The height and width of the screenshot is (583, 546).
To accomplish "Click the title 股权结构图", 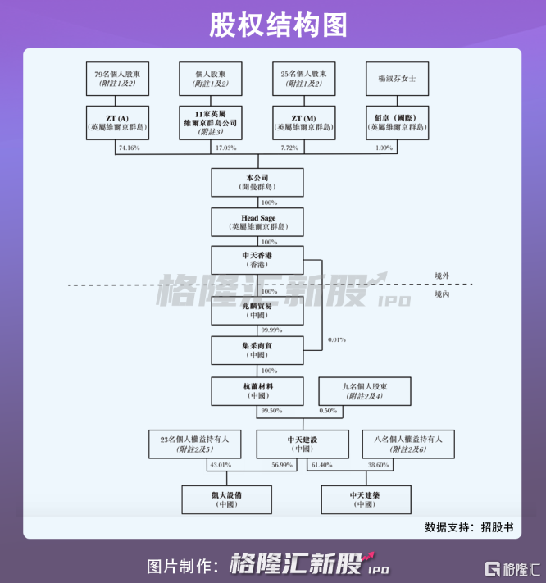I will pos(273,24).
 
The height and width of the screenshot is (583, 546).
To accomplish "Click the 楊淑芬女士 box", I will pos(398,78).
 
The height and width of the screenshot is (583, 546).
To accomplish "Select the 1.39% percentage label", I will pos(384,148).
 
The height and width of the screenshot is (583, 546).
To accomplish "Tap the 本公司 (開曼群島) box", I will pos(257,182).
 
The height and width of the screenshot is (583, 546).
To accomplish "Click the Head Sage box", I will pos(257,221).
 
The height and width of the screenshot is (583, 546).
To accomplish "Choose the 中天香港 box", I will pos(257,260).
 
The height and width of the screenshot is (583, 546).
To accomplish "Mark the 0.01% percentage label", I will pos(336,339).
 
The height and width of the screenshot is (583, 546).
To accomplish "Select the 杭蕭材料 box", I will pos(257,389).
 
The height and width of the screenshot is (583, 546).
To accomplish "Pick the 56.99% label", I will pos(280,465).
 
